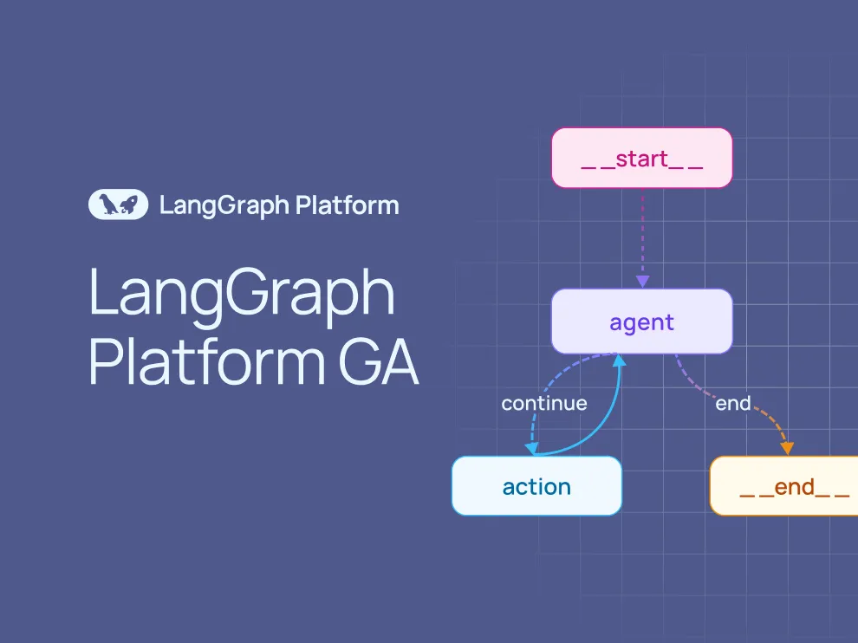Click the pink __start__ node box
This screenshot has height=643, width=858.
641,158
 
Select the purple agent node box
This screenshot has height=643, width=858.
641,321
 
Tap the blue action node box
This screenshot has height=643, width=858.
536,486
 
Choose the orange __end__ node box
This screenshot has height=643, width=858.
784,486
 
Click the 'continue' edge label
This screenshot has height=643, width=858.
544,403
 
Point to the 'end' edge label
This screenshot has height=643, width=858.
732,403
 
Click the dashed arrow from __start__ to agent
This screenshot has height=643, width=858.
642,234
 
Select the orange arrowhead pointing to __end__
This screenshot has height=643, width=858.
787,447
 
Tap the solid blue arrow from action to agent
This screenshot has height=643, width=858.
598,425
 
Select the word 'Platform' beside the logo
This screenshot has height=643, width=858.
347,205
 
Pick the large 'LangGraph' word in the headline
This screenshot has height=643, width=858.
242,294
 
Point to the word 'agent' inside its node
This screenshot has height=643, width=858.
641,322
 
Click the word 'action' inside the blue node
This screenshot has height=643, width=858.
536,487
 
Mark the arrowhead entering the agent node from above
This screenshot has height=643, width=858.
642,282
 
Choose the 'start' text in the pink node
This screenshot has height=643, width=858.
642,159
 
